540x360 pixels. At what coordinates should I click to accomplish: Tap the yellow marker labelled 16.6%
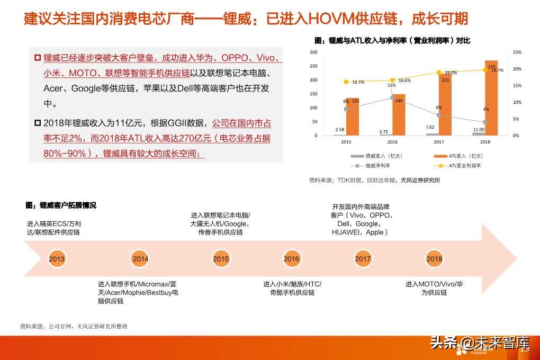click(x=392, y=80)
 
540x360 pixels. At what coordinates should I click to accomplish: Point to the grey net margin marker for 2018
click(x=485, y=122)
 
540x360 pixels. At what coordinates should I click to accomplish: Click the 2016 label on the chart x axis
click(x=392, y=142)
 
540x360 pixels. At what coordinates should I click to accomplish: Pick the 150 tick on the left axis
click(x=313, y=94)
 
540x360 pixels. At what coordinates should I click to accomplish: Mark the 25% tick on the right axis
click(x=517, y=52)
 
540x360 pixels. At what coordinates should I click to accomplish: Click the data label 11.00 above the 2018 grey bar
click(x=479, y=130)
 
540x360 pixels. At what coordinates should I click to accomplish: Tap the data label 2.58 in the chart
click(x=339, y=130)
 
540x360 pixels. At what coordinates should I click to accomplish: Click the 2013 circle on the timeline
click(x=57, y=259)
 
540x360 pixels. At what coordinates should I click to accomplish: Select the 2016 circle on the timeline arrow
click(x=292, y=259)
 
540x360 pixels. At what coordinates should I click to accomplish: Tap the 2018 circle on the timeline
click(x=434, y=259)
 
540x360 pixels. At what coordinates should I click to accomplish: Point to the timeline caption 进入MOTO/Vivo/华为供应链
click(x=434, y=288)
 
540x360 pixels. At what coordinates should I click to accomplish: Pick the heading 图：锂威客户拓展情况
click(x=61, y=205)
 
